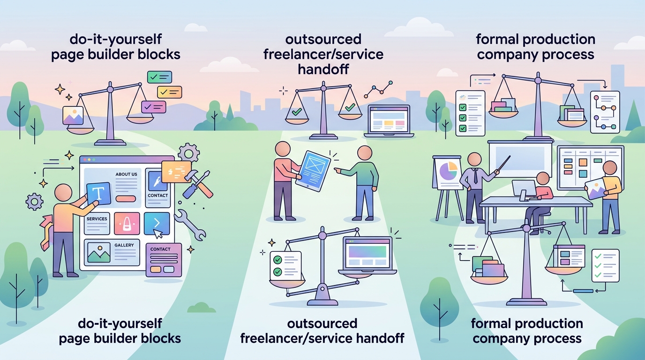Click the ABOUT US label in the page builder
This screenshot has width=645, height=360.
pyautogui.click(x=126, y=174)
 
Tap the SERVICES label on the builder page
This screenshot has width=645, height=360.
pyautogui.click(x=97, y=219)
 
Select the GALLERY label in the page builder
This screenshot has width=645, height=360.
pyautogui.click(x=124, y=245)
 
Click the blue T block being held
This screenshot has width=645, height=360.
pyautogui.click(x=99, y=194)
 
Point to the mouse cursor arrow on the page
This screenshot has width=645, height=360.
pyautogui.click(x=158, y=233)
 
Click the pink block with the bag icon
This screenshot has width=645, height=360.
pyautogui.click(x=127, y=224)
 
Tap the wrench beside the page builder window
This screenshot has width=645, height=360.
pyautogui.click(x=190, y=225)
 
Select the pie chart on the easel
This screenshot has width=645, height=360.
pyautogui.click(x=448, y=171)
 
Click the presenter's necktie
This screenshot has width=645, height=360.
pyautogui.click(x=475, y=175)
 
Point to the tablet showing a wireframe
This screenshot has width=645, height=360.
pyautogui.click(x=313, y=171)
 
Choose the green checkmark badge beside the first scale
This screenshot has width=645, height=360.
pyautogui.click(x=159, y=77)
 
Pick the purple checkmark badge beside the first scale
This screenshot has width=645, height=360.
pyautogui.click(x=153, y=107)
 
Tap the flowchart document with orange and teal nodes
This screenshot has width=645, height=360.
pyautogui.click(x=605, y=112)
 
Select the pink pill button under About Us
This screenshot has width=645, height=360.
pyautogui.click(x=126, y=199)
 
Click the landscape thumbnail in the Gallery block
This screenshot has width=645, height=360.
pyautogui.click(x=99, y=252)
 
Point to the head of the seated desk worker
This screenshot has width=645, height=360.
pyautogui.click(x=543, y=179)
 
